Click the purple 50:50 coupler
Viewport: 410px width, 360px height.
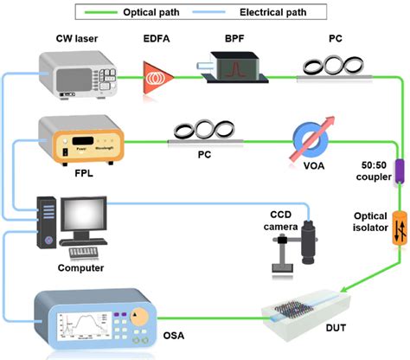(375, 170)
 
